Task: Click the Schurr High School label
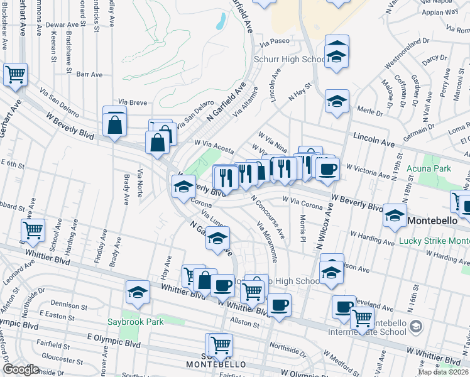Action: point(288,60)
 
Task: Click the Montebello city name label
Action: point(437,221)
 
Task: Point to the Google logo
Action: point(21,369)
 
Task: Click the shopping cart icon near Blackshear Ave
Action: point(15,74)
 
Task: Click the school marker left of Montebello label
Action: point(395,215)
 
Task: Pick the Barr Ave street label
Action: point(89,74)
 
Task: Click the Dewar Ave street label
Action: point(66,25)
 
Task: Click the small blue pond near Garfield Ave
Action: point(220,21)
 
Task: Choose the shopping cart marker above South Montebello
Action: point(220,345)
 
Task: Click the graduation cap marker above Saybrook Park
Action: point(138,292)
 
